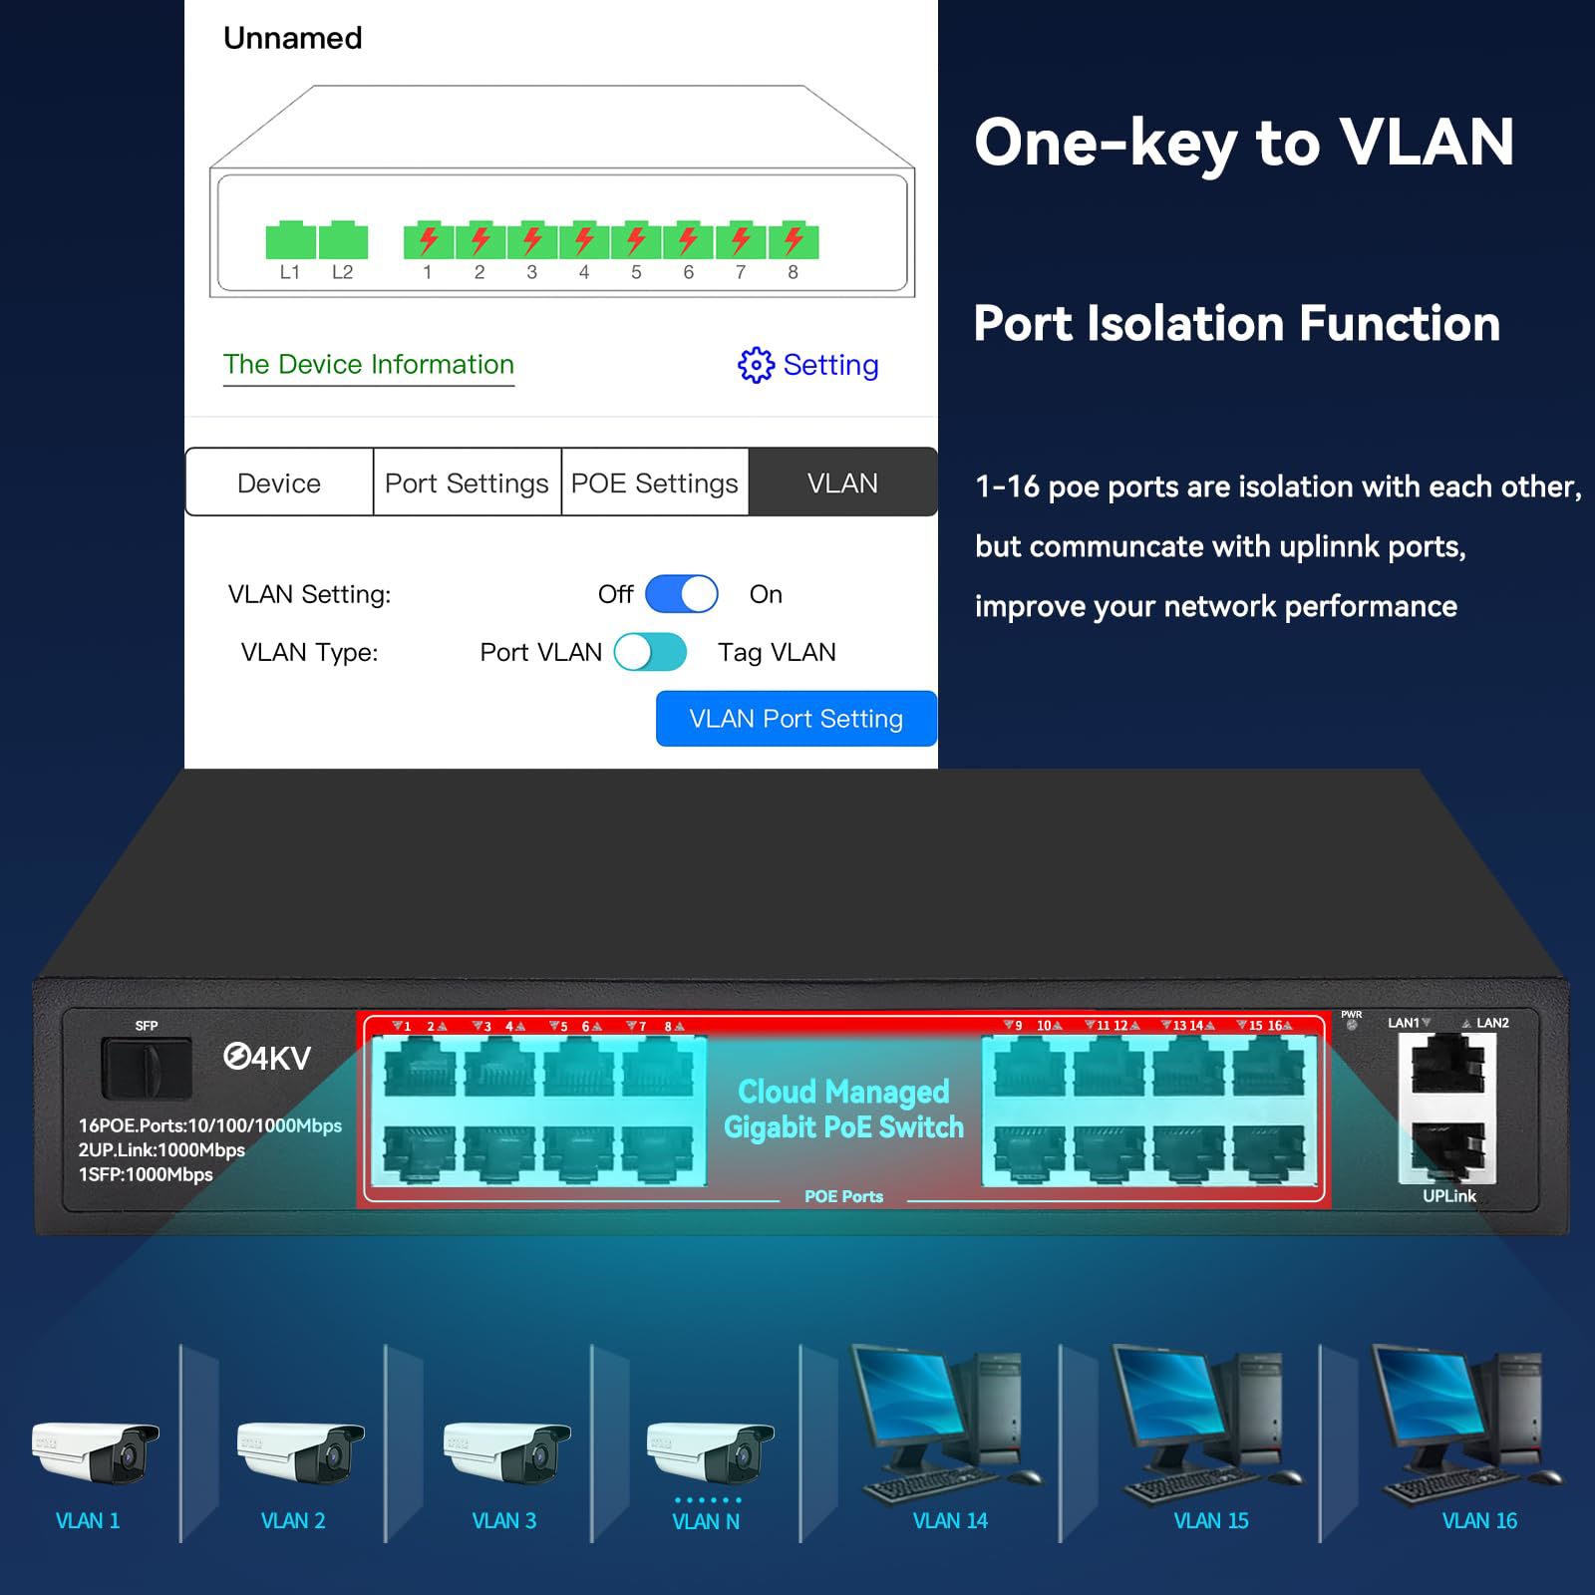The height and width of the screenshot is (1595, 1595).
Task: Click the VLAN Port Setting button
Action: coord(796,719)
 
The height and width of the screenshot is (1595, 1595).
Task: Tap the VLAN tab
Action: coord(842,482)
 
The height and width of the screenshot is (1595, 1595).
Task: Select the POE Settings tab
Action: coord(654,482)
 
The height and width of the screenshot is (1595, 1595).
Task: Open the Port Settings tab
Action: coord(467,482)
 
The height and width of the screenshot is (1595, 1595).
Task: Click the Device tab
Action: coord(279,482)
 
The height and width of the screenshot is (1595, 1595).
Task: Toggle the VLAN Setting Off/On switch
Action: coord(682,594)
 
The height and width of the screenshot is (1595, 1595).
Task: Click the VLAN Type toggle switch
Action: coord(650,652)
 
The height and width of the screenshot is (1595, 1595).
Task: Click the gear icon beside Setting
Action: coord(756,365)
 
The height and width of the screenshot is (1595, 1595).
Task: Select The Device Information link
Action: coord(369,365)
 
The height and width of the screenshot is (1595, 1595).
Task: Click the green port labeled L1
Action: coord(290,241)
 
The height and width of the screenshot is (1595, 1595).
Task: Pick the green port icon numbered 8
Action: coord(794,241)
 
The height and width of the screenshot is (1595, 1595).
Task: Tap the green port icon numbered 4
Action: coord(584,241)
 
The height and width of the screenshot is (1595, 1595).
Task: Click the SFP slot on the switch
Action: coord(146,1068)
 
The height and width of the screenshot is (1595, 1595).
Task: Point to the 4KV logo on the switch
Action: coord(267,1058)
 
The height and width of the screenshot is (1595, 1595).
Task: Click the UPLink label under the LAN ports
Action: coord(1448,1195)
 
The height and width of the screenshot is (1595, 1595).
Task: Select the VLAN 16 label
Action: coord(1479,1520)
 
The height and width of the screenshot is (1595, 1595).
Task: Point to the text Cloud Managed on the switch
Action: coord(843,1092)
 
